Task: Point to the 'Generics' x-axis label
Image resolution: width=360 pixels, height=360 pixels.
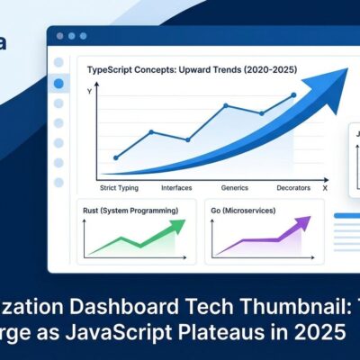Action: [234, 188]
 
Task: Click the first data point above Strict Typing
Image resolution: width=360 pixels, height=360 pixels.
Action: [115, 157]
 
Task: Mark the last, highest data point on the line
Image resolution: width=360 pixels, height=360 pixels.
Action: [293, 94]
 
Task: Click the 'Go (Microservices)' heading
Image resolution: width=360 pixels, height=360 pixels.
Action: [247, 211]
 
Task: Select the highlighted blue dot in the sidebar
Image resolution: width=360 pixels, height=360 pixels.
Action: [59, 84]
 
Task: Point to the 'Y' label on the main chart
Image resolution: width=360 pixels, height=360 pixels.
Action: [89, 92]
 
